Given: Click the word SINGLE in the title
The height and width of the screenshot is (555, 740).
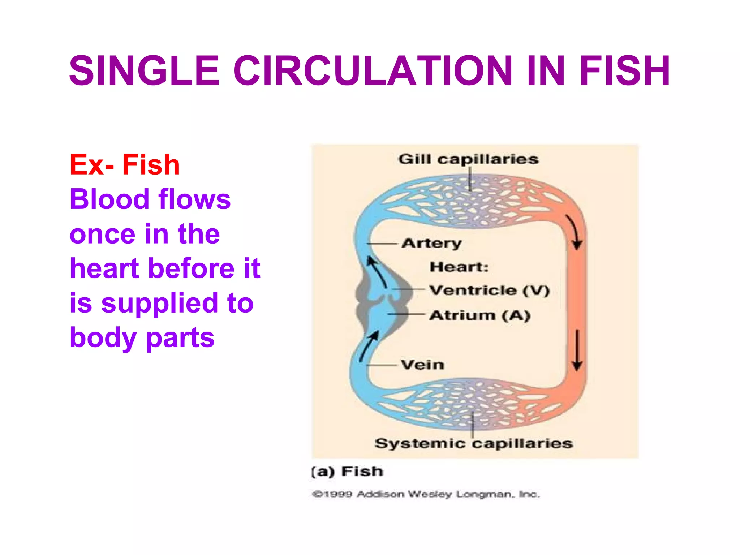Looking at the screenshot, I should tap(144, 71).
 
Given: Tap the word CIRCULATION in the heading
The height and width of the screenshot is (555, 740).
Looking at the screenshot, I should tap(373, 71).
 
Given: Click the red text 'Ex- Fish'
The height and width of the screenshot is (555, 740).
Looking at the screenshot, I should tap(125, 165).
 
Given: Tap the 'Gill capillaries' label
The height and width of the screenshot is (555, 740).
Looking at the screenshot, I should tap(468, 159).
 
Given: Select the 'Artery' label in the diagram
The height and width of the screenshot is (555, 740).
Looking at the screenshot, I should tap(432, 243).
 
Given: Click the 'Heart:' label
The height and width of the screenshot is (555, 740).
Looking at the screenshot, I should tap(459, 267).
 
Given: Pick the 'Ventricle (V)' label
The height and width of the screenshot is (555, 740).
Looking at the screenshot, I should tap(489, 290).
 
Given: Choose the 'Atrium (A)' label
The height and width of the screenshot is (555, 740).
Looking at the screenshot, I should tap(480, 315).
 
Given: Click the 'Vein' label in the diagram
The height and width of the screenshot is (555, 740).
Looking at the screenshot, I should tap(422, 365).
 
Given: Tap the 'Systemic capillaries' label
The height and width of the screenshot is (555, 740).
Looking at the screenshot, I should tap(473, 443).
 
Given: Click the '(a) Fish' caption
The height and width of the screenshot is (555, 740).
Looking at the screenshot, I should tap(347, 472).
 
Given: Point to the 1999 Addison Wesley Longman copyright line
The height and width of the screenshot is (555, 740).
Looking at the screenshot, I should tap(426, 494).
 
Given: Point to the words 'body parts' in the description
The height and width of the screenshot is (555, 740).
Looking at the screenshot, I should tap(142, 337).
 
